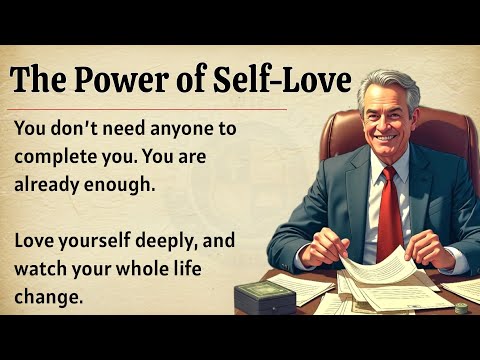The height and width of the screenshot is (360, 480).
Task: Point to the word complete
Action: (x=57, y=158)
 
